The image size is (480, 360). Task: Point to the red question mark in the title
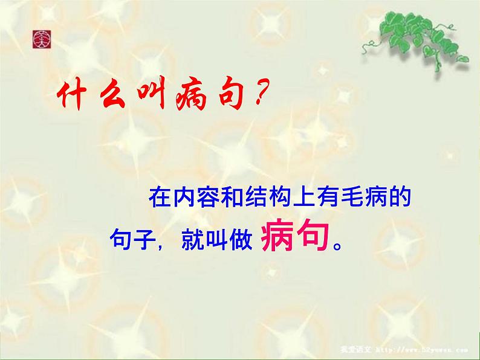[x=259, y=98]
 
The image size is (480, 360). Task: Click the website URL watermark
[x=430, y=349]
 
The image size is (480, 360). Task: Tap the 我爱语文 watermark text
[x=372, y=349]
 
